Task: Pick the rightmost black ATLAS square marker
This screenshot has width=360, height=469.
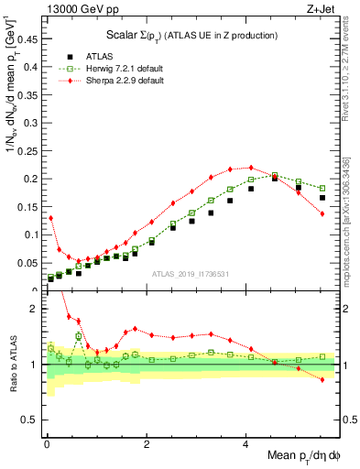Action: (322, 198)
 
